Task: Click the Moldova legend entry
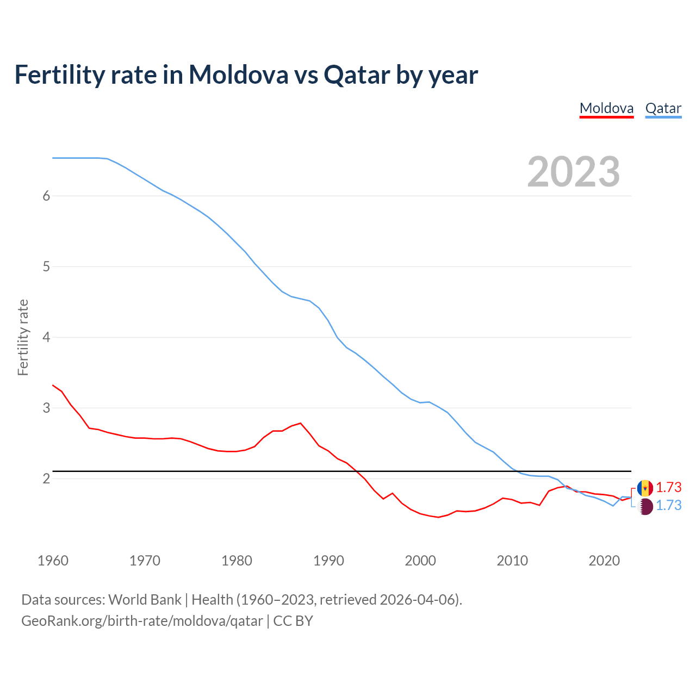tap(606, 108)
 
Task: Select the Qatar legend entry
tap(663, 108)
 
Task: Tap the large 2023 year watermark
tap(573, 172)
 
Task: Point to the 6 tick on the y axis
tap(46, 196)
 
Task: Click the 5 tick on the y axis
tap(46, 266)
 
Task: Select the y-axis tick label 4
tap(46, 337)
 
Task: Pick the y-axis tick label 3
tap(46, 408)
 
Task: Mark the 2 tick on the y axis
tap(46, 478)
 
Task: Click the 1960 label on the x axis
tap(53, 561)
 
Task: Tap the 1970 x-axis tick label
tap(145, 561)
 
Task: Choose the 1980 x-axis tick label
tap(237, 561)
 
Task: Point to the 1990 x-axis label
tap(328, 561)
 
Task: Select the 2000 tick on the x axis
tap(420, 561)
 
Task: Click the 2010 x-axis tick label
tap(512, 561)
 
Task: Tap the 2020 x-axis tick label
tap(604, 561)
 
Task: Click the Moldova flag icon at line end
tap(645, 488)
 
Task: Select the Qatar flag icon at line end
tap(645, 506)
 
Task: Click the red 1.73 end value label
tap(668, 487)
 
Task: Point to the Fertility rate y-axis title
tap(23, 337)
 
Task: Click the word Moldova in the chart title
tap(238, 74)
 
